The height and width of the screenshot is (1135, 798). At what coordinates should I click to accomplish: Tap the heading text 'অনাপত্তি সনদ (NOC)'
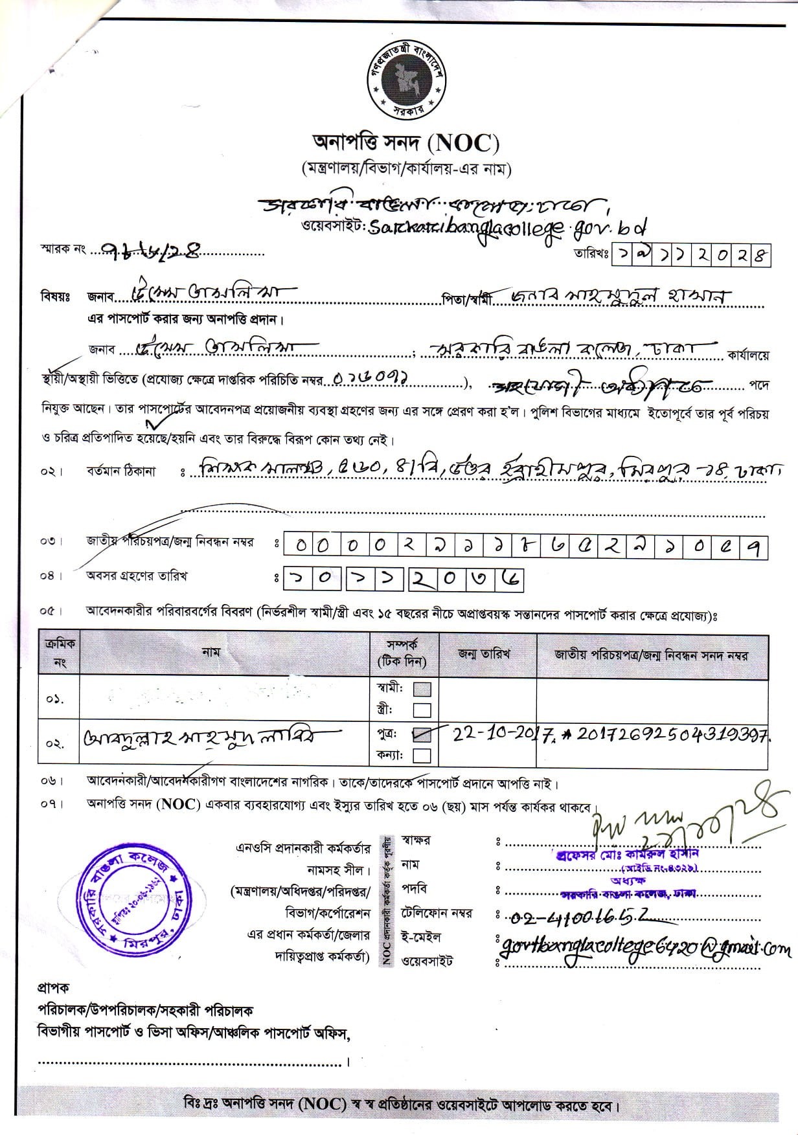click(x=406, y=142)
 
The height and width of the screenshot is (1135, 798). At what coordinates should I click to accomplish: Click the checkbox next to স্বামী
click(x=422, y=688)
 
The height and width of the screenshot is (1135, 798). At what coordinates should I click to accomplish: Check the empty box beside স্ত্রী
click(x=422, y=710)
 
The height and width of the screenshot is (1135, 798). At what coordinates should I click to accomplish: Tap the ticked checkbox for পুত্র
click(x=423, y=735)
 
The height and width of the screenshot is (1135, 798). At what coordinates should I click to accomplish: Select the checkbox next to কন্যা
click(x=422, y=755)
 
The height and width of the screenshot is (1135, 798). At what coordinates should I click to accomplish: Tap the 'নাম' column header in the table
click(x=211, y=653)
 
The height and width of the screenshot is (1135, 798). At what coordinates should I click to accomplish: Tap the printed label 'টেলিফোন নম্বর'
click(x=437, y=914)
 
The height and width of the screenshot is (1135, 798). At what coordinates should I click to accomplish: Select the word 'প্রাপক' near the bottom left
click(x=54, y=988)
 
